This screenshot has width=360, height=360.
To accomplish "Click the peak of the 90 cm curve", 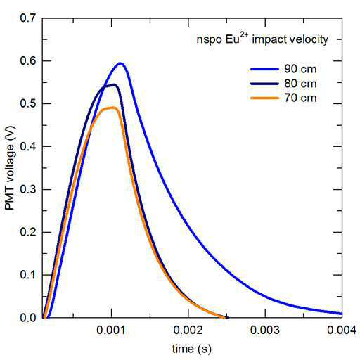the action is pyautogui.click(x=120, y=63).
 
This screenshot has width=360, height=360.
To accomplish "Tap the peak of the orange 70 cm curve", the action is pyautogui.click(x=113, y=108).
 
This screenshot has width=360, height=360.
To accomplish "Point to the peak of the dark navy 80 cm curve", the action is pyautogui.click(x=114, y=84).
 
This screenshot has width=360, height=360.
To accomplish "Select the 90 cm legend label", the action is pyautogui.click(x=300, y=69).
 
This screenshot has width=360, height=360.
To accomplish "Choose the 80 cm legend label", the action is pyautogui.click(x=300, y=84).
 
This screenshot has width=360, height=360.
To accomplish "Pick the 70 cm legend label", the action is pyautogui.click(x=300, y=98).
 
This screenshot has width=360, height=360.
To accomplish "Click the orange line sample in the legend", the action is pyautogui.click(x=264, y=98).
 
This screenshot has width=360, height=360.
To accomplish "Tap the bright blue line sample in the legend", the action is pyautogui.click(x=264, y=69).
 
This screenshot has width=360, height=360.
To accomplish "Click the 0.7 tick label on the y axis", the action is pyautogui.click(x=28, y=18).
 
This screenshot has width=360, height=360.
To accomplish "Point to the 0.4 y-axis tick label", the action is pyautogui.click(x=28, y=146).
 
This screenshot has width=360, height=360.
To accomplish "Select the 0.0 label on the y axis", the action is pyautogui.click(x=28, y=318).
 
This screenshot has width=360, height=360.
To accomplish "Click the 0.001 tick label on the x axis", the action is pyautogui.click(x=111, y=330).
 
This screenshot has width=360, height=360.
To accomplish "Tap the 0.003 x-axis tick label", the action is pyautogui.click(x=265, y=330).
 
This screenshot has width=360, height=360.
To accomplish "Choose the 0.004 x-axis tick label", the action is pyautogui.click(x=342, y=330).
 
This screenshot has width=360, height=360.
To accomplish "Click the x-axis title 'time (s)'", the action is pyautogui.click(x=192, y=349).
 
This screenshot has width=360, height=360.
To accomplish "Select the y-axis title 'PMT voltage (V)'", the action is pyautogui.click(x=10, y=168).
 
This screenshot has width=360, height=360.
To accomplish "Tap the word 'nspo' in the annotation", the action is pyautogui.click(x=209, y=40).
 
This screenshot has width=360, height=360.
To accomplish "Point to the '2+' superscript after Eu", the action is pyautogui.click(x=244, y=35).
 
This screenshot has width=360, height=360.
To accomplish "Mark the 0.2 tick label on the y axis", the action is pyautogui.click(x=28, y=232).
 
